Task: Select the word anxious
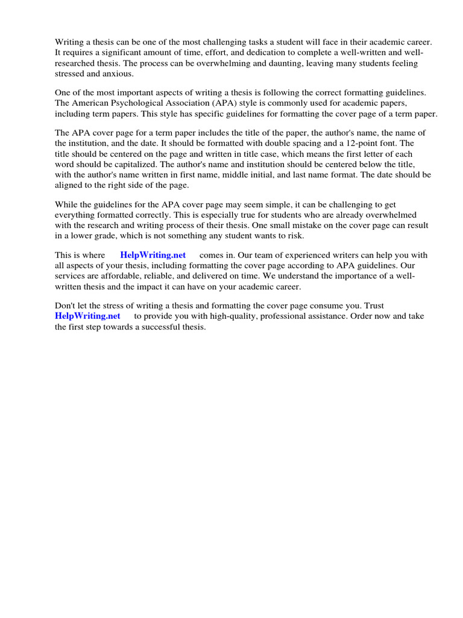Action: click(x=117, y=74)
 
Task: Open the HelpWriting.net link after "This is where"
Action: click(x=153, y=255)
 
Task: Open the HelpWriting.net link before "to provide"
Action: click(x=87, y=316)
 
